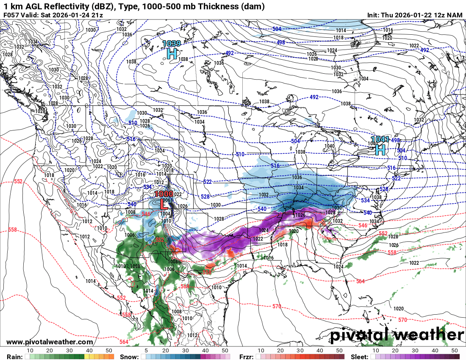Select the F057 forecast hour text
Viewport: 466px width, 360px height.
coord(11,15)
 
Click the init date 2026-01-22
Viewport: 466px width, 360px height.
coord(416,15)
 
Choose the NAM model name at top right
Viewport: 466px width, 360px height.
coord(455,15)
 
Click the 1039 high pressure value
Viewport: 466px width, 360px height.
coord(172,43)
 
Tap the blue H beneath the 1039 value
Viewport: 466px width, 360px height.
coord(172,53)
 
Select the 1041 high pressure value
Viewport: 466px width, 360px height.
coord(380,139)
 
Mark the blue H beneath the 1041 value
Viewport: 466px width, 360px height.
coord(380,149)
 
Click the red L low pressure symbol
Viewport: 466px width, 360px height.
coord(162,203)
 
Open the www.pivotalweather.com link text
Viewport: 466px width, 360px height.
coord(50,342)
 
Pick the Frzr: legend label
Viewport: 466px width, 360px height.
coord(246,357)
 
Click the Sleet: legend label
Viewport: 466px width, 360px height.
coord(360,357)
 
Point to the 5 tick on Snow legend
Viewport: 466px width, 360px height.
coord(146,351)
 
